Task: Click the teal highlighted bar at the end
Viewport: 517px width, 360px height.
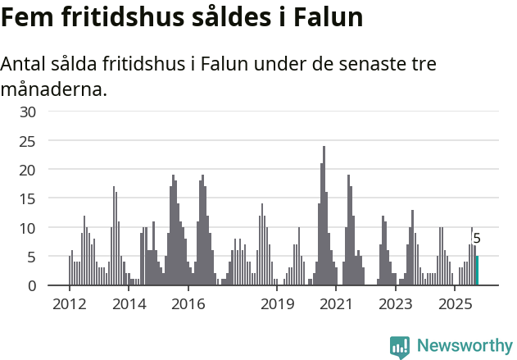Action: pos(477,271)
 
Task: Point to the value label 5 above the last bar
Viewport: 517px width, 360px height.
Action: pos(477,239)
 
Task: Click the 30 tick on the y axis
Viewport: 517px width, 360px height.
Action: pos(28,112)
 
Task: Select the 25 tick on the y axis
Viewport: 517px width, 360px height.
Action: pos(28,141)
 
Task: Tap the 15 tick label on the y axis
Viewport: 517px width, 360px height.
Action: pos(28,199)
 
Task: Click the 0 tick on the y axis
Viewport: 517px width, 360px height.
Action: pos(32,285)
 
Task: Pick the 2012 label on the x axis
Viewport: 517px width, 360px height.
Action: pos(70,304)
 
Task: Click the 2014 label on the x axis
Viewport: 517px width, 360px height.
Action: pos(129,304)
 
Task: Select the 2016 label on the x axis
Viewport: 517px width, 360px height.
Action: pos(188,304)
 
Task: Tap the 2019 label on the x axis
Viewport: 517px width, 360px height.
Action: pos(277,304)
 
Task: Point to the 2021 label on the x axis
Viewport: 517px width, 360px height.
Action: pos(336,304)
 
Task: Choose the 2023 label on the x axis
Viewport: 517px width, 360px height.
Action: pos(396,304)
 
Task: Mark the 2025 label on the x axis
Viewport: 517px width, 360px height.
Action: pos(455,304)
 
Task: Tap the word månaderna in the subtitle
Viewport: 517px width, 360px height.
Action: pos(54,89)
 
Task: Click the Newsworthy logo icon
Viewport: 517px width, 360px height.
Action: pos(400,346)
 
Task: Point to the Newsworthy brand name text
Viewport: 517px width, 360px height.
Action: pos(464,345)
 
